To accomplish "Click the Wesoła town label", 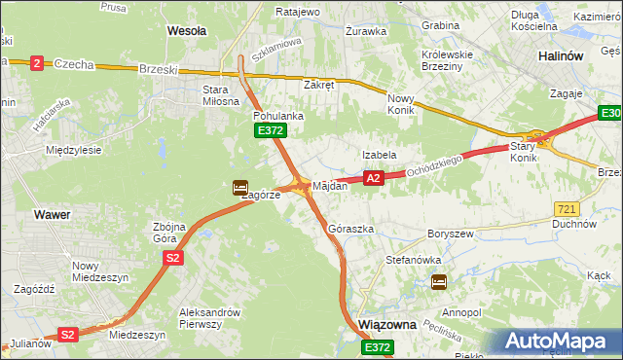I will click(x=187, y=31).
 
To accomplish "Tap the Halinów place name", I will click(x=560, y=56).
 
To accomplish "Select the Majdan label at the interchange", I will click(x=329, y=185).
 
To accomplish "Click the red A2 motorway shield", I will click(x=373, y=178).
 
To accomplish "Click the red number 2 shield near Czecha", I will click(x=37, y=62).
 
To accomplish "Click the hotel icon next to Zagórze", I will click(x=239, y=188).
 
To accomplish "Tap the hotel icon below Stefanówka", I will click(x=439, y=282).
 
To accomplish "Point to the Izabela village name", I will click(x=379, y=155).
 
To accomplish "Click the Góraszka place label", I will click(x=351, y=229).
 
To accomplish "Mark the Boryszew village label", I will click(x=449, y=234).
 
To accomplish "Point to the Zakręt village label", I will click(x=319, y=85).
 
